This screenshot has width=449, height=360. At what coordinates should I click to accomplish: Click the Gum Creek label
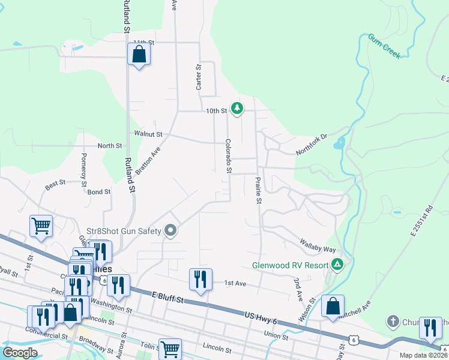(x=384, y=46)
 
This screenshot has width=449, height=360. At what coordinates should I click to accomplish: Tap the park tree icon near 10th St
(x=238, y=108)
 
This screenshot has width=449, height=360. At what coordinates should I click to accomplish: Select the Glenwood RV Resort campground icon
(x=338, y=264)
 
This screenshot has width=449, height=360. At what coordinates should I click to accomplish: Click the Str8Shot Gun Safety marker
(x=171, y=230)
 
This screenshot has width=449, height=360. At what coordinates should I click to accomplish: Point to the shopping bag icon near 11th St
(x=139, y=55)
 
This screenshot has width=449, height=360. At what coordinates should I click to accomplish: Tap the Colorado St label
(x=228, y=156)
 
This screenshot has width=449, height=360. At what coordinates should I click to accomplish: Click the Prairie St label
(x=259, y=190)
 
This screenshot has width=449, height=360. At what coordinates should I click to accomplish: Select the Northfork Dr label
(x=311, y=145)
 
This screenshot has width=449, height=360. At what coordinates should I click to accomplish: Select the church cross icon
(x=393, y=321)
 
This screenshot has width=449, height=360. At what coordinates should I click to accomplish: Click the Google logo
(x=20, y=352)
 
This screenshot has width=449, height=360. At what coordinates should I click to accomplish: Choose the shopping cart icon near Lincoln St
(x=170, y=348)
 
